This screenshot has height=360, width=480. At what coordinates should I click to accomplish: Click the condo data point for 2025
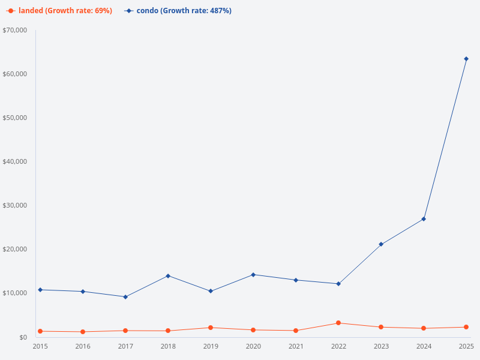point(466,59)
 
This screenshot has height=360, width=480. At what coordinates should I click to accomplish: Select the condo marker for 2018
point(168,276)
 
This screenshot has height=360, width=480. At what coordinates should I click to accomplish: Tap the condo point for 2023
point(381,244)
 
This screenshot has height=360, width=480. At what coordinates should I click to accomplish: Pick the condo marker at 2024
point(424,219)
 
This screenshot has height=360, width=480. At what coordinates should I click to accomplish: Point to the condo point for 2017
point(125,297)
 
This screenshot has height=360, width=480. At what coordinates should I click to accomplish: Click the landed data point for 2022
point(338,323)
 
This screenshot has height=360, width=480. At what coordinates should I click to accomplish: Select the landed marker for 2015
point(40,331)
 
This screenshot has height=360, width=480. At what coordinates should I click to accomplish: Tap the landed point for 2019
point(211,328)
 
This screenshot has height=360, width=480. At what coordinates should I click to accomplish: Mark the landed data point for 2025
point(466,327)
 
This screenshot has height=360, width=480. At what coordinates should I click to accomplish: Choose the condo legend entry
point(178,11)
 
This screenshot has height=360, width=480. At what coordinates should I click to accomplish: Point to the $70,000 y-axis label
point(15,30)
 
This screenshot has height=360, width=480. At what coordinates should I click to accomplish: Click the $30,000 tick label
point(15,205)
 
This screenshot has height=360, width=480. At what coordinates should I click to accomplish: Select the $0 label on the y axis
point(23,337)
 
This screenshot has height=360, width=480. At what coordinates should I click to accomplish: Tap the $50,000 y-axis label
point(15,118)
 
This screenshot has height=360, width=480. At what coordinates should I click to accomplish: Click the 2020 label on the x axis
point(253,347)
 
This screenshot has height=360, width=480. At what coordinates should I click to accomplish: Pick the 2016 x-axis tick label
point(83,347)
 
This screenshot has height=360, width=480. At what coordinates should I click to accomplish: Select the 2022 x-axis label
point(338,347)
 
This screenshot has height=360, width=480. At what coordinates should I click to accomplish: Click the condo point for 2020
point(253,275)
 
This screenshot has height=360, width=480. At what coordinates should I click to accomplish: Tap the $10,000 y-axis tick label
point(15,293)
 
